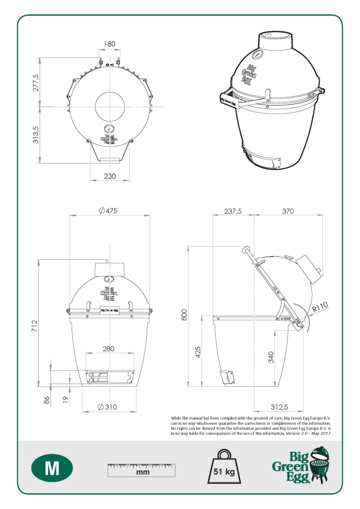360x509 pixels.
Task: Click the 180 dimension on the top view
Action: click(x=109, y=44)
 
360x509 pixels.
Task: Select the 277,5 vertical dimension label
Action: click(x=36, y=83)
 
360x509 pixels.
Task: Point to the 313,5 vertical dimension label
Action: click(x=36, y=135)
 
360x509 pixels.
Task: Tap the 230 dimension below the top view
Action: click(x=109, y=176)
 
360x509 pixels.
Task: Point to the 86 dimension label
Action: click(x=46, y=400)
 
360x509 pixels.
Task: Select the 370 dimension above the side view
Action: click(x=288, y=211)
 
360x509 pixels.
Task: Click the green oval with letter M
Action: click(x=52, y=468)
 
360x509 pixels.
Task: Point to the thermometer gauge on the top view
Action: click(x=109, y=130)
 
